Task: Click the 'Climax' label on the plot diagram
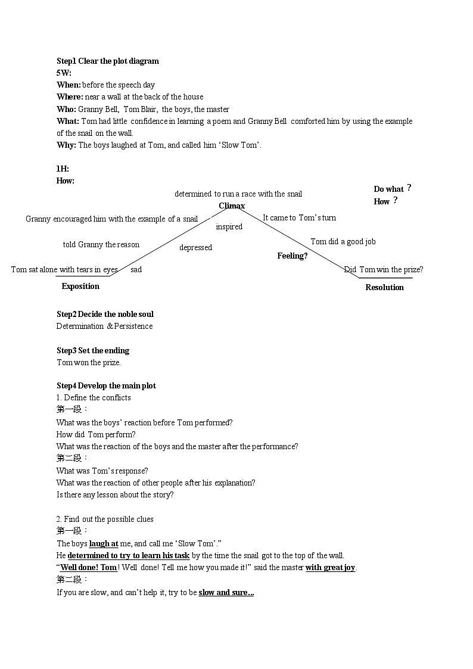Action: (232, 206)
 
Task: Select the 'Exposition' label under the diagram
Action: (80, 287)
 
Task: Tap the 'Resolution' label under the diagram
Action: (384, 287)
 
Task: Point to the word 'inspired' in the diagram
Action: (229, 227)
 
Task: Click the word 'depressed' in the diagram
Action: (195, 247)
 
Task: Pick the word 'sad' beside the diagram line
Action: (136, 270)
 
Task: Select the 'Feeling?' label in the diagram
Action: (292, 256)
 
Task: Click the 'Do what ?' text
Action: (392, 189)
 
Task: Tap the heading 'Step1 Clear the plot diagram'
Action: (108, 61)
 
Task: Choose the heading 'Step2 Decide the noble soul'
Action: (105, 314)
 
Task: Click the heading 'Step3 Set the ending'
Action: (93, 350)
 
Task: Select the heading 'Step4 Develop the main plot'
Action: (106, 385)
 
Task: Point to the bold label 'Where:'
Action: (70, 97)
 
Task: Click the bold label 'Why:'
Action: (66, 145)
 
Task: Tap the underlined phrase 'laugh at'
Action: (104, 543)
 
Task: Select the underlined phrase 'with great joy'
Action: (331, 568)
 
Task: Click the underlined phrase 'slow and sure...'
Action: (226, 593)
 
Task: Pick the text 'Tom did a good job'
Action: (343, 241)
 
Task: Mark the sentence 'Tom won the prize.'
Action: (89, 362)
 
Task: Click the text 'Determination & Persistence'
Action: (105, 326)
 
